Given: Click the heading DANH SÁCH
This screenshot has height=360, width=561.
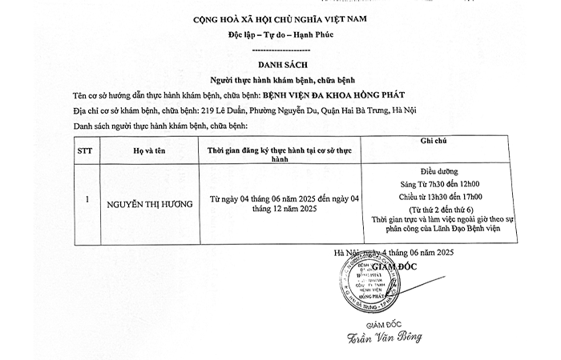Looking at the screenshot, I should pos(280,66).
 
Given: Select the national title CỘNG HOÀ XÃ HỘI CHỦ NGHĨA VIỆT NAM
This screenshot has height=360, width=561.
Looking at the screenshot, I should pos(280,20).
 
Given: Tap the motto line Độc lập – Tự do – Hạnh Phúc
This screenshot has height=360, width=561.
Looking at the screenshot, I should pos(280,37).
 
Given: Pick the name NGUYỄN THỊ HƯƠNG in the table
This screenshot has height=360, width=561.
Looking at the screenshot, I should pos(150,204).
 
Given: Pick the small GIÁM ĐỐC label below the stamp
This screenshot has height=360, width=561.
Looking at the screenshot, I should pos(361,322).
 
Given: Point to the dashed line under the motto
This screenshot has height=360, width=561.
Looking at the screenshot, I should pos(280,50).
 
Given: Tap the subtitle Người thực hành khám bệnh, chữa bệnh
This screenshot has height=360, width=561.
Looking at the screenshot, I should pos(280,81).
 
